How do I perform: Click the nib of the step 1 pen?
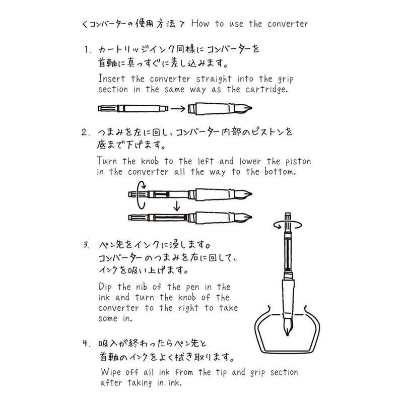248,108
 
